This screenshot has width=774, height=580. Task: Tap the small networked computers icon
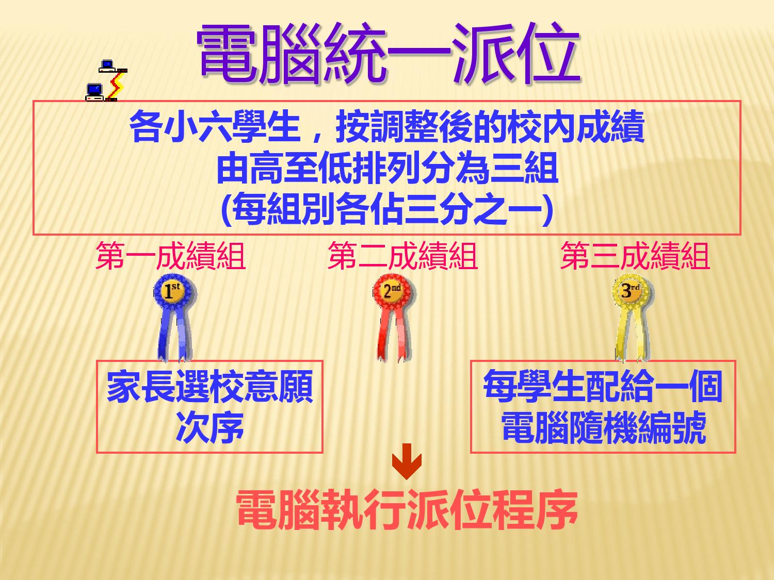tap(106, 80)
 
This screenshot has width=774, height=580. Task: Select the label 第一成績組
tap(170, 256)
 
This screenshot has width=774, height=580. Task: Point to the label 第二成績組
tap(402, 256)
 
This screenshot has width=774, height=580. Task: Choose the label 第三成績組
tap(635, 256)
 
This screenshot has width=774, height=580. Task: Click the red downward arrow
tap(407, 461)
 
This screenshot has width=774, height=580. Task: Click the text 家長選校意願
tap(210, 386)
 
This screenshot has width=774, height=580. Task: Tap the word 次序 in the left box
tap(210, 427)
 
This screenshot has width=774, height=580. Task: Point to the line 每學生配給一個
tap(603, 386)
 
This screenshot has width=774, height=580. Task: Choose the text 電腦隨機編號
tap(603, 427)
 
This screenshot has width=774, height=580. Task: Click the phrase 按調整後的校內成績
tap(490, 126)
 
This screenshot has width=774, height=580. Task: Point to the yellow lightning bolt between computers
tap(117, 85)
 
